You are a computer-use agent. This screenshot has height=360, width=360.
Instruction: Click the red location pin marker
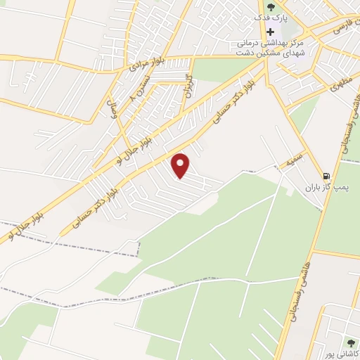pyautogui.click(x=182, y=165)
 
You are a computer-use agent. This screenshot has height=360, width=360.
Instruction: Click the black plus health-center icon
pyautogui.click(x=271, y=32)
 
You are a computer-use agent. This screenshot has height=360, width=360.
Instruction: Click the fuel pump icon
pyautogui.click(x=326, y=176)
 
